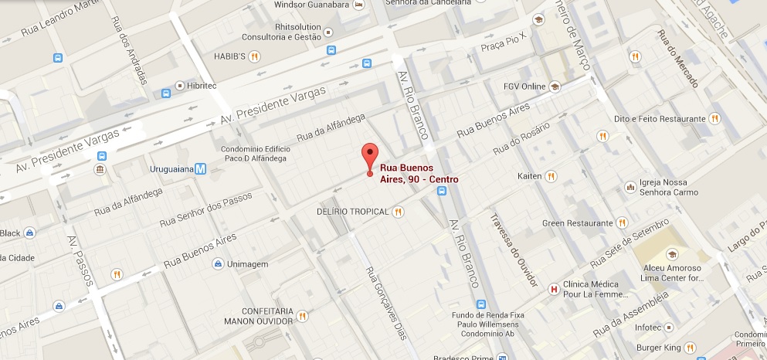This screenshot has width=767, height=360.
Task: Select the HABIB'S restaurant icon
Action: tap(254, 56)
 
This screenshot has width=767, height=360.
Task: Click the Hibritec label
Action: tap(202, 86)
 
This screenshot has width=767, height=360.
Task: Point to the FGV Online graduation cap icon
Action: tap(554, 87)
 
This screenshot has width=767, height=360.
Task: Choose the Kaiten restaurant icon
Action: tap(551, 176)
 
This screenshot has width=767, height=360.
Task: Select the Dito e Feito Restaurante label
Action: tap(659, 119)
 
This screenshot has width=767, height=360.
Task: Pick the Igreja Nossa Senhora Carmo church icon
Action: tap(632, 185)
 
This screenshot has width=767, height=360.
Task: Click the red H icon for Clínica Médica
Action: tap(552, 290)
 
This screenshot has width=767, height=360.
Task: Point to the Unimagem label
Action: tap(248, 264)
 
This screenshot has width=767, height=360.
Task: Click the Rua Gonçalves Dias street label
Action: tap(385, 303)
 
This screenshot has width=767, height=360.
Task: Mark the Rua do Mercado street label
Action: tap(677, 58)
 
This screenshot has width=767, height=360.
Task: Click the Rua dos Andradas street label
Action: tap(134, 57)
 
